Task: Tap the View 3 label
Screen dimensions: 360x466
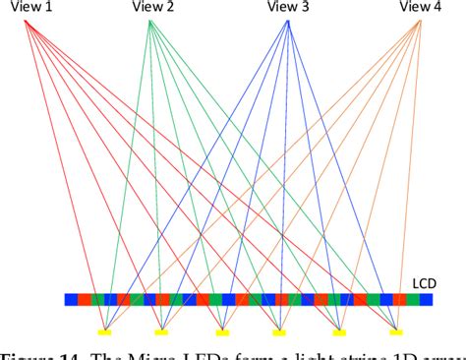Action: [x=288, y=8]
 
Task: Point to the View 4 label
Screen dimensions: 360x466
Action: [x=421, y=8]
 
